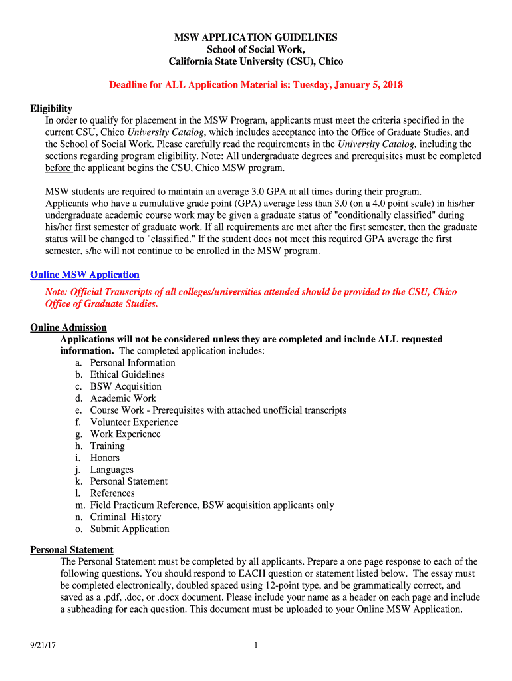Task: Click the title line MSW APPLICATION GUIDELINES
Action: click(256, 37)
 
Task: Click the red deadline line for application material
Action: click(256, 85)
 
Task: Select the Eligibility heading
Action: click(51, 108)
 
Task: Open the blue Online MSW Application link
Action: click(85, 275)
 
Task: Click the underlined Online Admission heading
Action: click(68, 327)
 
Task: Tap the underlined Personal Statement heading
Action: click(72, 549)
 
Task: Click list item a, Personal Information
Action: click(132, 363)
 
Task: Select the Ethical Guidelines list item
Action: click(127, 374)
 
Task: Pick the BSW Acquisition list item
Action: click(126, 386)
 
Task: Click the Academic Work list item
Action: click(123, 398)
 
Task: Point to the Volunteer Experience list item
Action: click(134, 422)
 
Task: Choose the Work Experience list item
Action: click(125, 434)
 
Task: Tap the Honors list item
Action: click(105, 458)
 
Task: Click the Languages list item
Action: click(112, 470)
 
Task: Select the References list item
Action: click(112, 493)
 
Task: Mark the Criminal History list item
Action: click(126, 517)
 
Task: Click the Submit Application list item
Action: click(130, 529)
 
